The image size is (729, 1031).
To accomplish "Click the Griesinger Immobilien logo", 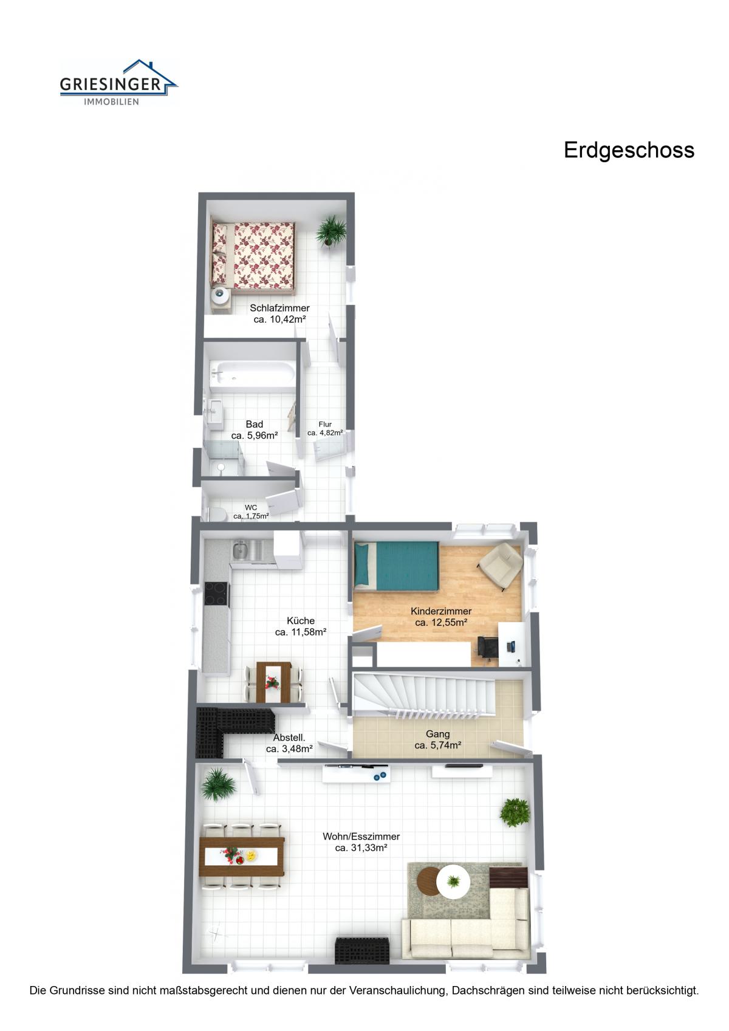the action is [x=118, y=83].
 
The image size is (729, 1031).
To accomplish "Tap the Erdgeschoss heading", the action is [x=629, y=151].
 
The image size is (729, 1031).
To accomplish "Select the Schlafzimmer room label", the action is [x=280, y=307].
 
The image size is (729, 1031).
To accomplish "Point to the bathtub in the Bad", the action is [x=252, y=373].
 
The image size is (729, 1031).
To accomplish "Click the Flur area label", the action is [x=325, y=424].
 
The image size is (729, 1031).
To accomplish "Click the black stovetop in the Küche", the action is [x=216, y=594].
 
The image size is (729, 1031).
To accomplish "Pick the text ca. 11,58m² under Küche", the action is [x=301, y=632].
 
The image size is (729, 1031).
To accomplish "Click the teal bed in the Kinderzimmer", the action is [x=396, y=565].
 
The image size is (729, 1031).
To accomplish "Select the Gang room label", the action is [x=437, y=734].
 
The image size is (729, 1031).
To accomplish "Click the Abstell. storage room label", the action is [x=289, y=738].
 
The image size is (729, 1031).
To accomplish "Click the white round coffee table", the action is [x=453, y=882].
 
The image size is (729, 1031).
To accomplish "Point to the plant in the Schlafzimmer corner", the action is [x=330, y=231].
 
